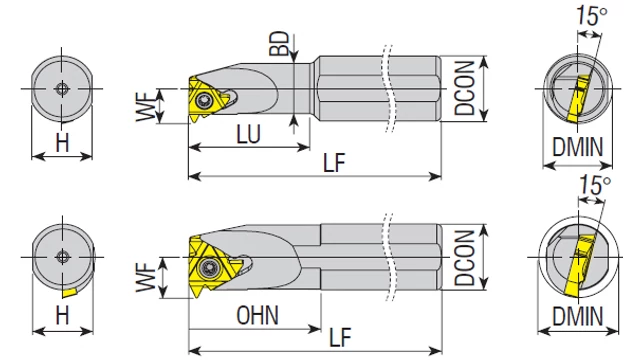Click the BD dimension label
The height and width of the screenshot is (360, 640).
pyautogui.click(x=279, y=44)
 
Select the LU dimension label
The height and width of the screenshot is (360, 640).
pyautogui.click(x=249, y=134)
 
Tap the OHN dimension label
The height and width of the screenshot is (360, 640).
pyautogui.click(x=258, y=315)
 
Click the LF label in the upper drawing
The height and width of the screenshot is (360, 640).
pyautogui.click(x=334, y=163)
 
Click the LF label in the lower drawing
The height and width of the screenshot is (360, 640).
pyautogui.click(x=340, y=338)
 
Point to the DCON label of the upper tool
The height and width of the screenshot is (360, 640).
pyautogui.click(x=465, y=88)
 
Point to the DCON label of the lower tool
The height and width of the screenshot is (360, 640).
pyautogui.click(x=465, y=258)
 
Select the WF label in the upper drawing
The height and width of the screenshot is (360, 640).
pyautogui.click(x=146, y=107)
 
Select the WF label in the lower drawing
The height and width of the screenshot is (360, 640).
pyautogui.click(x=146, y=277)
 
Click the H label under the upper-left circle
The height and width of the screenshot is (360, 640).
pyautogui.click(x=62, y=143)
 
